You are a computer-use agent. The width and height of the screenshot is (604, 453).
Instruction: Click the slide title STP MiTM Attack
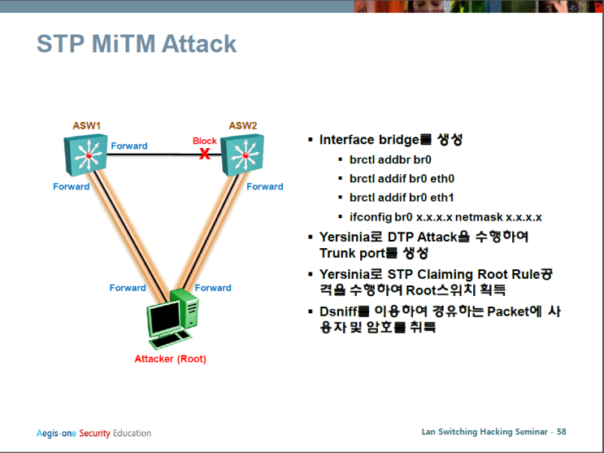pos(137,43)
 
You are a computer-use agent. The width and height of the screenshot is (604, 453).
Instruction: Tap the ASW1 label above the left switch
pos(86,126)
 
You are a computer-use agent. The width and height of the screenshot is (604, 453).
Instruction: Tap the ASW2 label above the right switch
pos(242,126)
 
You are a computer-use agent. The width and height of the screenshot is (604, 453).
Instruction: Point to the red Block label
pos(204,142)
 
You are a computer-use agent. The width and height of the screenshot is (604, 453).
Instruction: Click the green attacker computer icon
pos(172,322)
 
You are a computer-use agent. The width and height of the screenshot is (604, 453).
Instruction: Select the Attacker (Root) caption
pos(170,359)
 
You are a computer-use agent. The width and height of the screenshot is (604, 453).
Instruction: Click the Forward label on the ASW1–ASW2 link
pos(129,146)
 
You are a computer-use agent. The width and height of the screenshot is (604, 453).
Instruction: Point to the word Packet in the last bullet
pos(507,311)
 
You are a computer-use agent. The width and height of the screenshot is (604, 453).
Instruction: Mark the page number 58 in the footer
pos(561,431)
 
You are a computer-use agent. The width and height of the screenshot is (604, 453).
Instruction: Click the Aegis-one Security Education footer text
pos(93,433)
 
